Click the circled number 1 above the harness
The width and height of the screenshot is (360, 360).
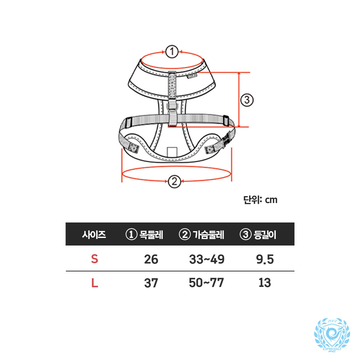[172, 51]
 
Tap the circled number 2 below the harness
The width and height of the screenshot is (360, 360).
[175, 181]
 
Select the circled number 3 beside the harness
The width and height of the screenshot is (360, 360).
[247, 100]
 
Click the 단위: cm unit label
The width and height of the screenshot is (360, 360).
[260, 200]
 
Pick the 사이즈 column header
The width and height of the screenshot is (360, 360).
[94, 235]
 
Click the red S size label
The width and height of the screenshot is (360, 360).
[95, 259]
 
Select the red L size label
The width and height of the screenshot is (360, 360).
[95, 283]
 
